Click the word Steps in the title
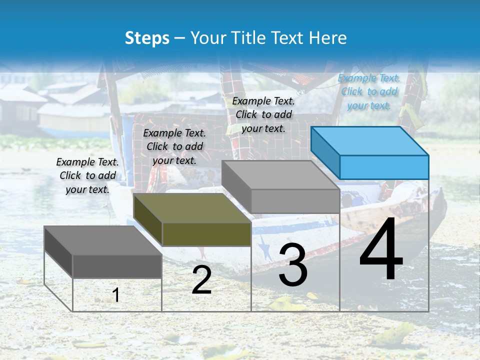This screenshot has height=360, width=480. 147,38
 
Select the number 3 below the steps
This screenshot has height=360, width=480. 292,265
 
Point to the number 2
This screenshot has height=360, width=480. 201,280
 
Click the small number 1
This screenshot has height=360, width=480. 115,295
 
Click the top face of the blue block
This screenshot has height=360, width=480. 369,141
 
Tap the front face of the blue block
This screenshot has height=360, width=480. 384,167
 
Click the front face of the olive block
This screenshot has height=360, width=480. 206,234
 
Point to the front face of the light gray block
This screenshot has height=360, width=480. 295,201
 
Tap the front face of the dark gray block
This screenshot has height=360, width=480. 117,266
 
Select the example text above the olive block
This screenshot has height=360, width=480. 174,146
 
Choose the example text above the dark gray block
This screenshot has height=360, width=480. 87,175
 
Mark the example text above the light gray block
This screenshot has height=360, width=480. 263,114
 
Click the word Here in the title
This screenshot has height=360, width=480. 328,38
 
